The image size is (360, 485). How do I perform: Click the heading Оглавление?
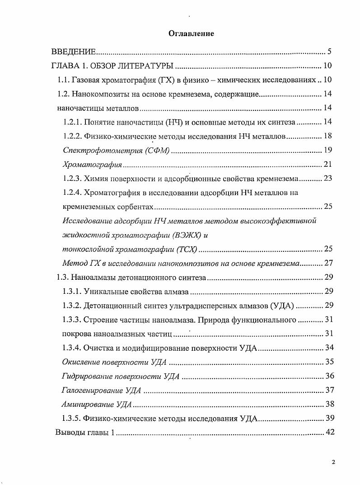click(x=191, y=33)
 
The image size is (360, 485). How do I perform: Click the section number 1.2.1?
click(x=72, y=122)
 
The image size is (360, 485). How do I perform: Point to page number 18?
click(x=327, y=136)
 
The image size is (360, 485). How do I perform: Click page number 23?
click(x=327, y=178)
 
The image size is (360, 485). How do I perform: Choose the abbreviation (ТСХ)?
click(x=187, y=249)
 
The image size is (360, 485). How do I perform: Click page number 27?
click(x=327, y=263)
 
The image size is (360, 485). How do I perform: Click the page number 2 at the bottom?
click(x=333, y=462)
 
